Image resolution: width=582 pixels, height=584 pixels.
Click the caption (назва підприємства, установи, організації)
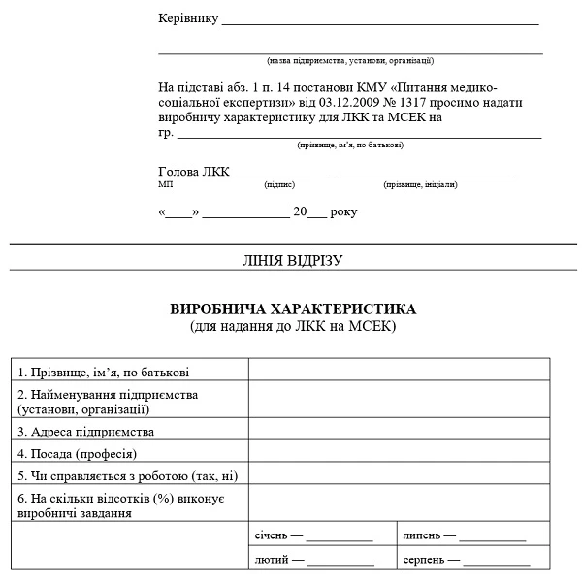[350, 60]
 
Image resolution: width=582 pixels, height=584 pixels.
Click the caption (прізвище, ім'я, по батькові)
[350, 145]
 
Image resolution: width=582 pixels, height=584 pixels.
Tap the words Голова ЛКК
[194, 172]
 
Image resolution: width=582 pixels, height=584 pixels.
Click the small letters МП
[164, 183]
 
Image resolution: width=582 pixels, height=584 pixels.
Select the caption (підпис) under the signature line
[279, 184]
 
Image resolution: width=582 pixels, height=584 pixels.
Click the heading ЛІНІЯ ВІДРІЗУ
[292, 259]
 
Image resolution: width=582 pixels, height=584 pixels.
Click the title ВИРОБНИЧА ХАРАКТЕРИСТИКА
[292, 309]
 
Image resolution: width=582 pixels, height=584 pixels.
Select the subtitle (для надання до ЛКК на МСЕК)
[292, 326]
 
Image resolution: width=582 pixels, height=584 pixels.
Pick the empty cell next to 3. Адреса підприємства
[400, 432]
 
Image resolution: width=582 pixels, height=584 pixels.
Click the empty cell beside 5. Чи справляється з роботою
[400, 475]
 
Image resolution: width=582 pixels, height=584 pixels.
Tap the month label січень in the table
[271, 535]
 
